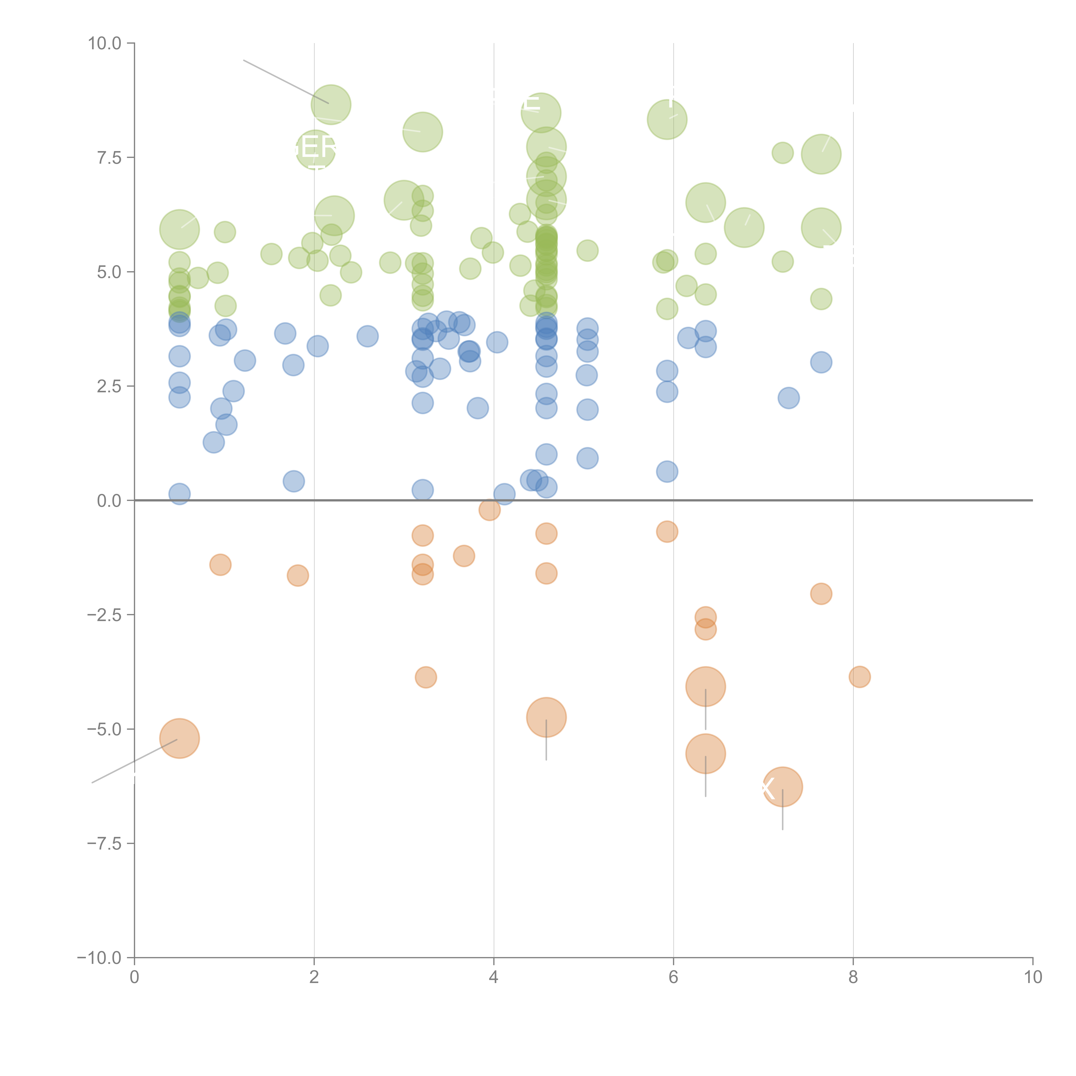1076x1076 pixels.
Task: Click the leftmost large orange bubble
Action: (x=179, y=739)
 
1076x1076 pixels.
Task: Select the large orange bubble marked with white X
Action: (x=782, y=786)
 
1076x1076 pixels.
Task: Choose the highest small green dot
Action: (x=782, y=153)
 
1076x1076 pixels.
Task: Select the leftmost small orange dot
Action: (x=221, y=565)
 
